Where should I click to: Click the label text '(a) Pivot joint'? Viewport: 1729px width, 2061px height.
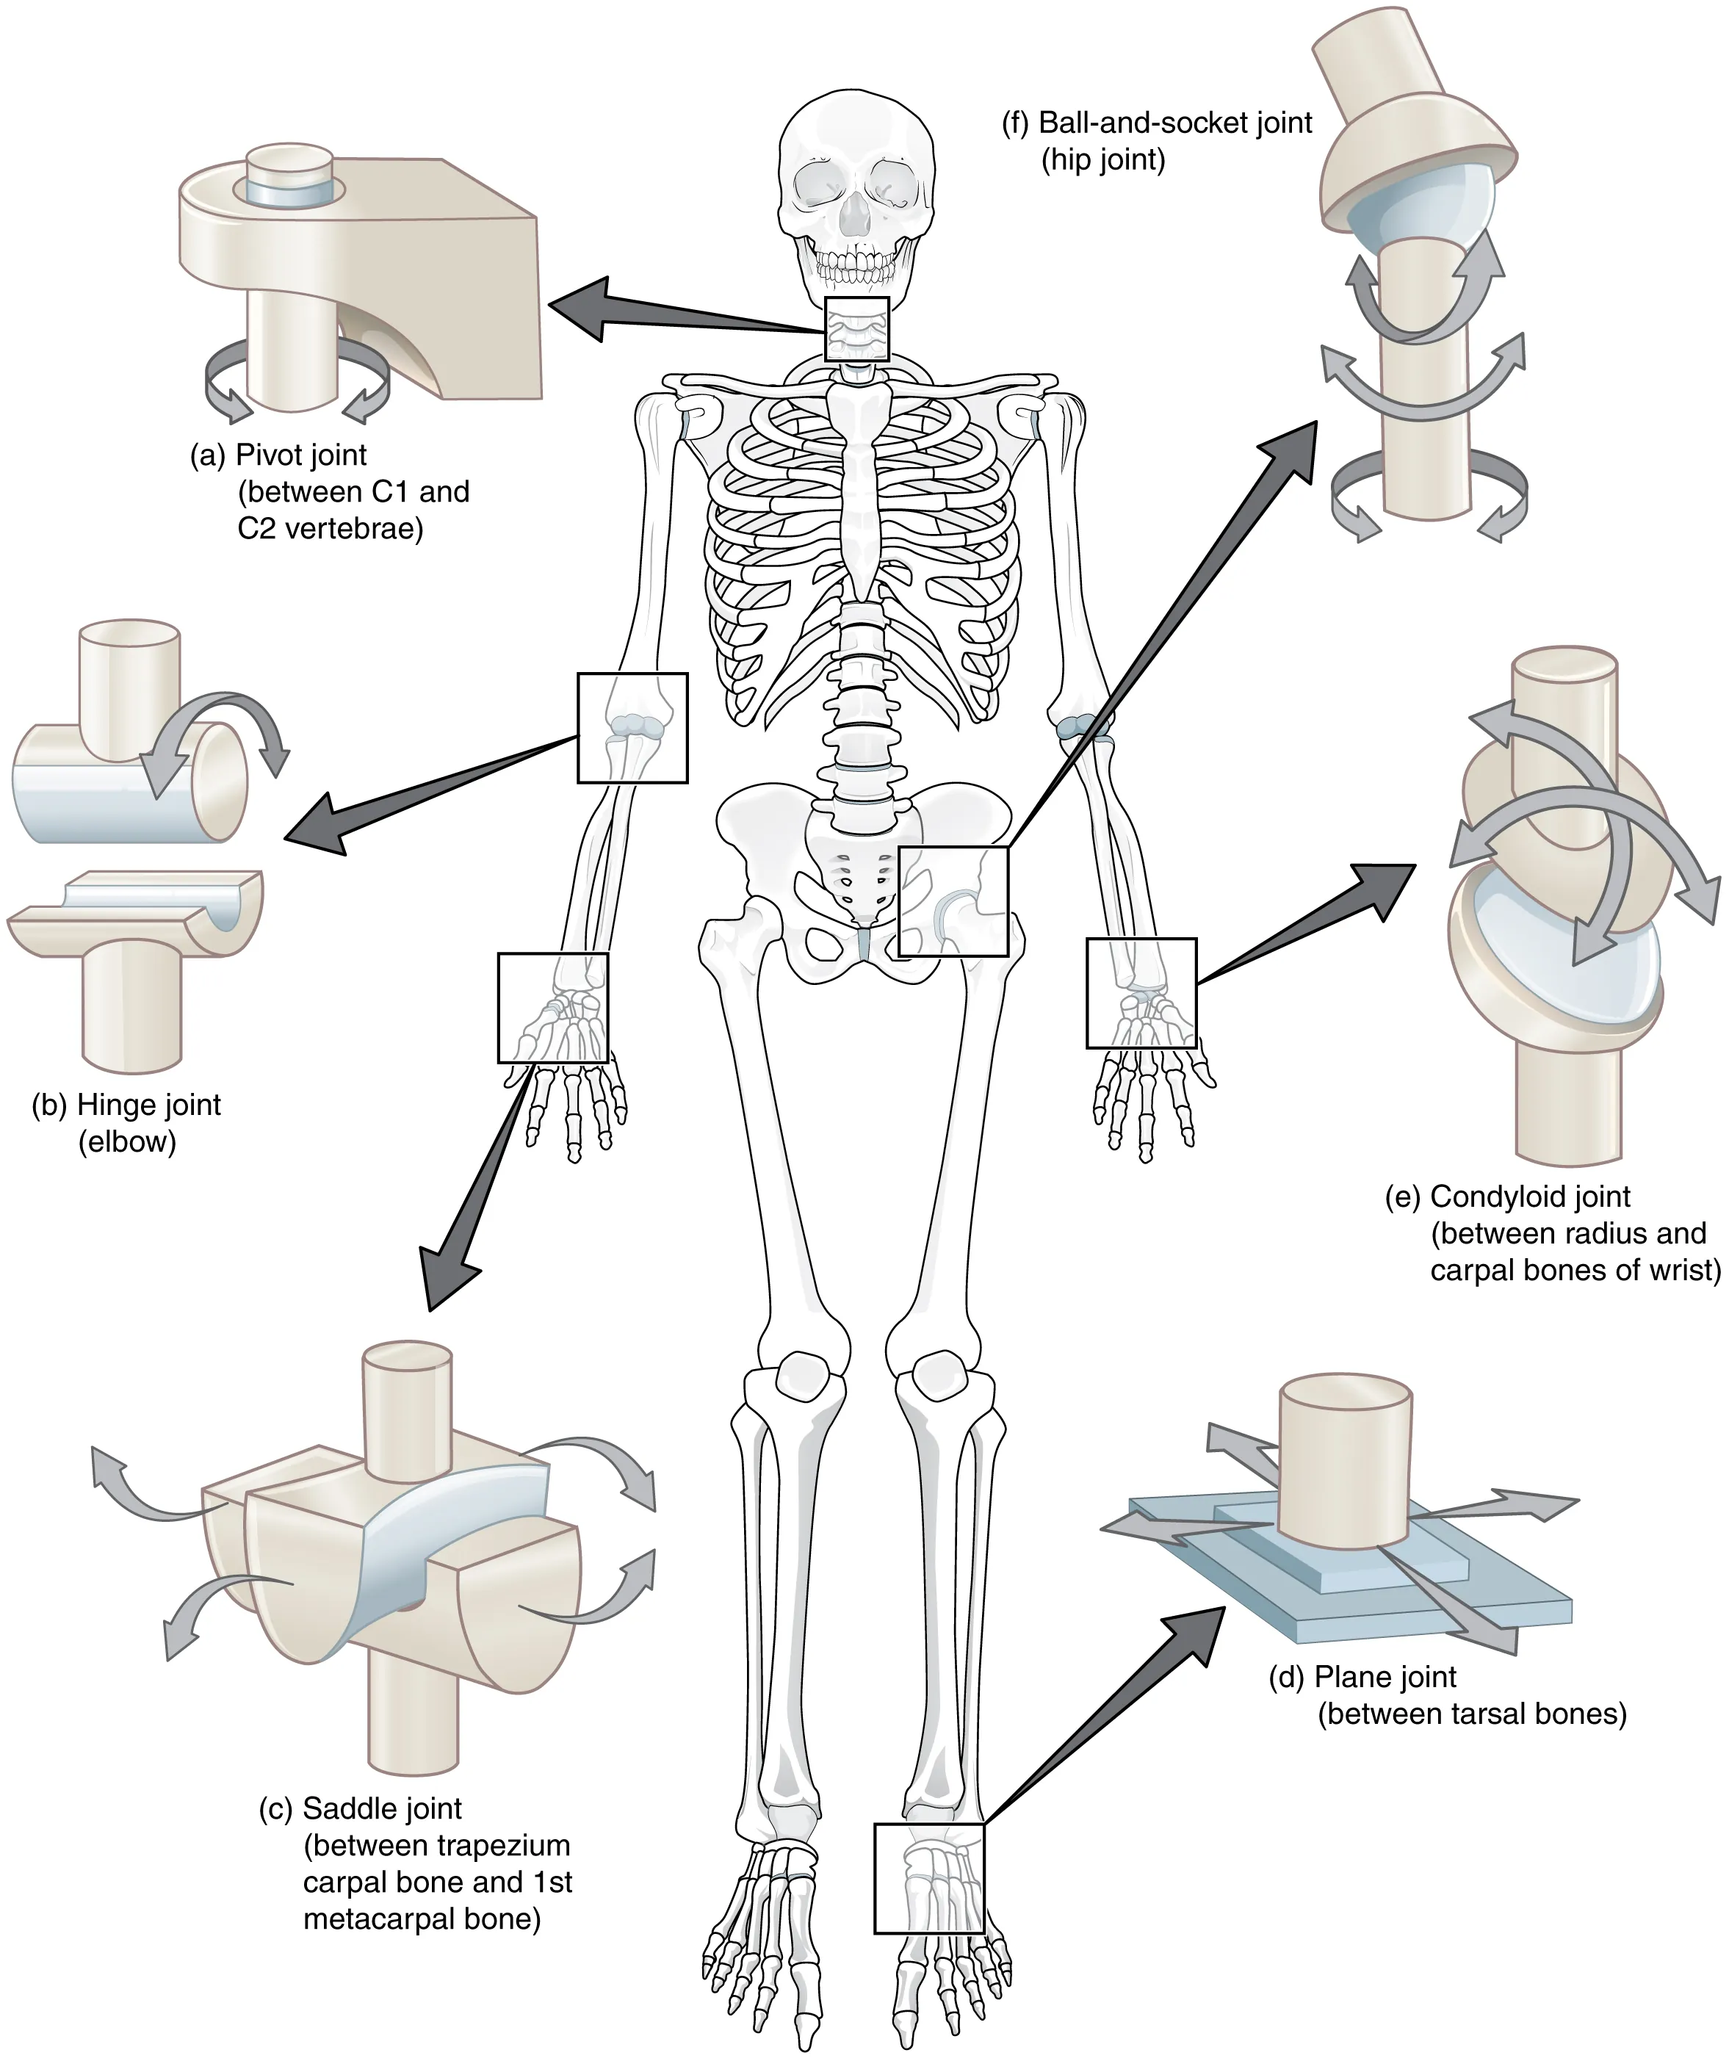pyautogui.click(x=278, y=455)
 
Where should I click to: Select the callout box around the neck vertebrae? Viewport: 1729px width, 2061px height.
pyautogui.click(x=856, y=329)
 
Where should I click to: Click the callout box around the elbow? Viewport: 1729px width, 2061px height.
pyautogui.click(x=632, y=727)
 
